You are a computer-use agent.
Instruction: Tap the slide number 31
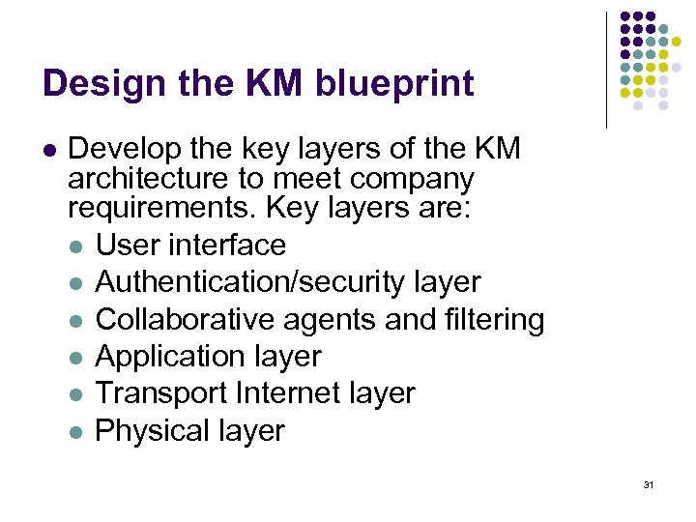pos(648,484)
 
